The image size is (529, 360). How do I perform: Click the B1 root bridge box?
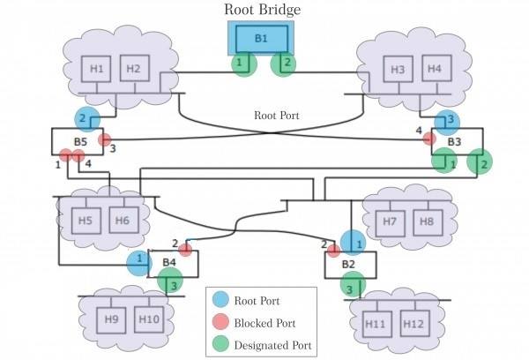(261, 39)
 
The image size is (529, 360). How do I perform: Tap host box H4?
(433, 69)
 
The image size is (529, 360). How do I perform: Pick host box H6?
(121, 220)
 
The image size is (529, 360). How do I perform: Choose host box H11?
(377, 324)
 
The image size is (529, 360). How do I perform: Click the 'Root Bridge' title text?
(262, 10)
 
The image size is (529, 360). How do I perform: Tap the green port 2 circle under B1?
(283, 64)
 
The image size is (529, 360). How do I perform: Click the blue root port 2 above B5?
(87, 118)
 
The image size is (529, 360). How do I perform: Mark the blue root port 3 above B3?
(447, 121)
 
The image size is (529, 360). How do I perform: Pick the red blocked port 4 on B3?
(429, 139)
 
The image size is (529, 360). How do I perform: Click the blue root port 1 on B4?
(138, 261)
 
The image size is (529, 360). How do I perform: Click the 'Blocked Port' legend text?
(265, 322)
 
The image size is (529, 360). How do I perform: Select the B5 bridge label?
(80, 141)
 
